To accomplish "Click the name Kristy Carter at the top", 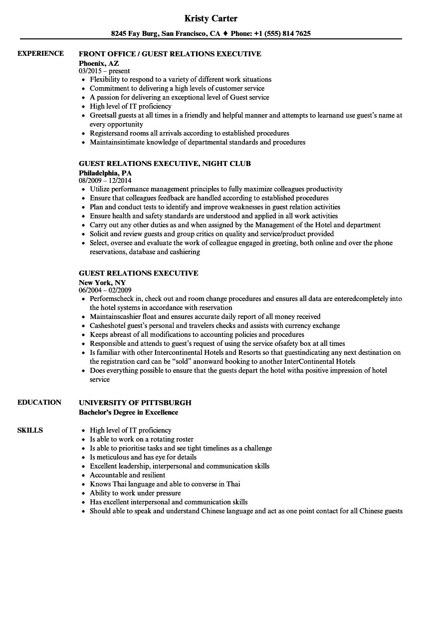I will (x=211, y=18).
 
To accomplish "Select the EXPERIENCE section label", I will (x=40, y=53).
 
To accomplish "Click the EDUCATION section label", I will (x=39, y=402).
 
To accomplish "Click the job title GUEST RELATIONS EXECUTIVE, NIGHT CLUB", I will (x=165, y=163).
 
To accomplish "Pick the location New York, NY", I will (x=102, y=282).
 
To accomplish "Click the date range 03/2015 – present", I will (x=104, y=71).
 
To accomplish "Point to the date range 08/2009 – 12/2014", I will (x=105, y=180).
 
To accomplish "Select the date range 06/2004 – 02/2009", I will (x=105, y=290).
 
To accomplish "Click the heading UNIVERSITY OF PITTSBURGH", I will (x=135, y=403).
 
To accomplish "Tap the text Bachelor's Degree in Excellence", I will (x=128, y=412).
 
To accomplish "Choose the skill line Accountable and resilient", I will (x=127, y=475).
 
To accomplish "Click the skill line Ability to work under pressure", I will (x=135, y=493).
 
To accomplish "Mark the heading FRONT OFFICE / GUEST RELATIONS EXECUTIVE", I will (x=170, y=54).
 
